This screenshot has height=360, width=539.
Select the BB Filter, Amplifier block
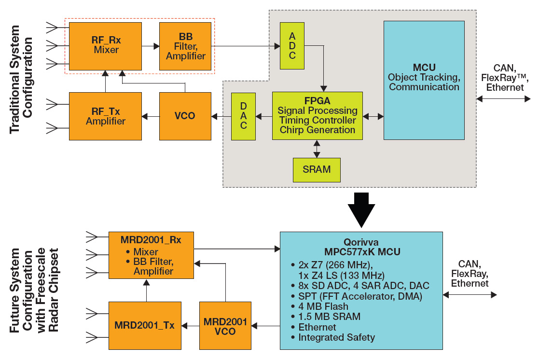[x=186, y=46]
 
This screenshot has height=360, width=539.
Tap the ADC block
[x=292, y=46]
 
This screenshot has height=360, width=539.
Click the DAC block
[x=243, y=116]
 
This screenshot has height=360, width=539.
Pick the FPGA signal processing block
[x=317, y=116]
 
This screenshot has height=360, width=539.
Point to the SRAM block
[x=317, y=169]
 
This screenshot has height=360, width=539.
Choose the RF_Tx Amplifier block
[x=105, y=116]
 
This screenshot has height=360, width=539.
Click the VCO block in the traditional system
[x=185, y=116]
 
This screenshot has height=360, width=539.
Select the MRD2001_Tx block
[x=144, y=325]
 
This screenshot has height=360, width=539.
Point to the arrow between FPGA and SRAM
[x=317, y=149]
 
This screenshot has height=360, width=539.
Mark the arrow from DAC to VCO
[x=221, y=116]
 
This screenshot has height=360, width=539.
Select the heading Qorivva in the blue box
[x=361, y=242]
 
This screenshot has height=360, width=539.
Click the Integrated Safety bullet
[x=336, y=337]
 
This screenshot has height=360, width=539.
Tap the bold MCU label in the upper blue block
[x=424, y=67]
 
